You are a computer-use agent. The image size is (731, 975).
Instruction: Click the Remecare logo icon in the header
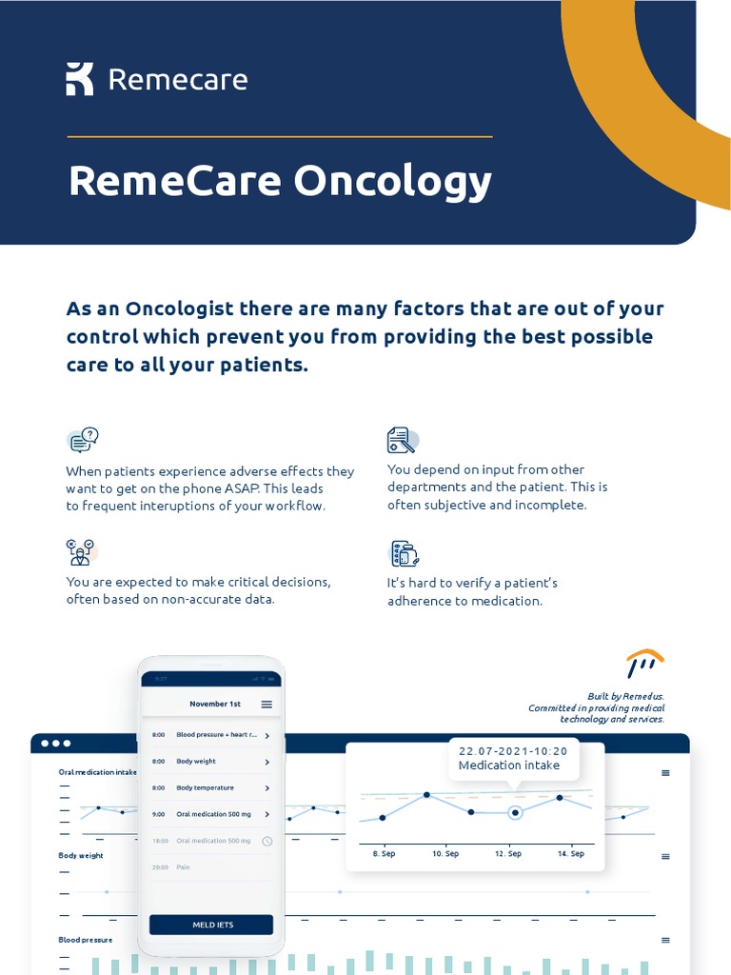(80, 79)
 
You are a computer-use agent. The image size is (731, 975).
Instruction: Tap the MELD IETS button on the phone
(211, 925)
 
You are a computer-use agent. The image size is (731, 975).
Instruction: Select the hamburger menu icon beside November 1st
(267, 705)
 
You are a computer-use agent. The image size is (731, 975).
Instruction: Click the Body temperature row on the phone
(211, 788)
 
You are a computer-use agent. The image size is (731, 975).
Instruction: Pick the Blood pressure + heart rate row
(211, 735)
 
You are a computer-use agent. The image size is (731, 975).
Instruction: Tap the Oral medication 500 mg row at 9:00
(211, 814)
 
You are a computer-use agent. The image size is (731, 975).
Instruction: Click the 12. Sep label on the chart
(508, 854)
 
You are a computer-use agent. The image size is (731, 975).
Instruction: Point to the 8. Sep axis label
(384, 854)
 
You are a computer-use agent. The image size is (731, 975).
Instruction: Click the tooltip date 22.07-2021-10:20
(513, 751)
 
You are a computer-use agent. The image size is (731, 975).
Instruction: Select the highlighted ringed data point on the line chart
(515, 812)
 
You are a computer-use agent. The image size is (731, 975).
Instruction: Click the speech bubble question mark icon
(83, 440)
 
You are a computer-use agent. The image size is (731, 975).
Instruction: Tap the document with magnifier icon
(402, 440)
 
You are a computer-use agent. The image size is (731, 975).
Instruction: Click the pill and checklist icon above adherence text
(405, 553)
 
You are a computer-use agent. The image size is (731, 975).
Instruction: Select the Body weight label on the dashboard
(81, 856)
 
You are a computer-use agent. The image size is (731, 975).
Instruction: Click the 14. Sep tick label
(570, 854)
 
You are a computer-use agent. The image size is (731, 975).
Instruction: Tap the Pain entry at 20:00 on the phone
(183, 867)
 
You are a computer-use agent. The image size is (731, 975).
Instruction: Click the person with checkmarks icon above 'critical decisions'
(80, 551)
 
